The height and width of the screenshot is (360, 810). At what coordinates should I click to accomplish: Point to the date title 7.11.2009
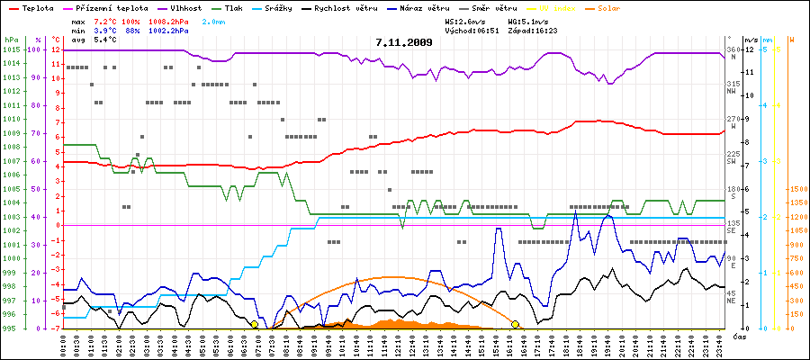405,42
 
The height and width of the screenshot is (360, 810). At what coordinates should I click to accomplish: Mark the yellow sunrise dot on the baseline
255,324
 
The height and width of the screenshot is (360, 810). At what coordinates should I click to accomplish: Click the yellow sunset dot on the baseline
516,324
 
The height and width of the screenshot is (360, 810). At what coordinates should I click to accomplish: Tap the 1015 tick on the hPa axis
11,49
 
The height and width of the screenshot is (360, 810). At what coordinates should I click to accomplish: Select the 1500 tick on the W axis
796,189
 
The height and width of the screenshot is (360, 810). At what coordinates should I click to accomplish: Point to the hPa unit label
11,40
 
